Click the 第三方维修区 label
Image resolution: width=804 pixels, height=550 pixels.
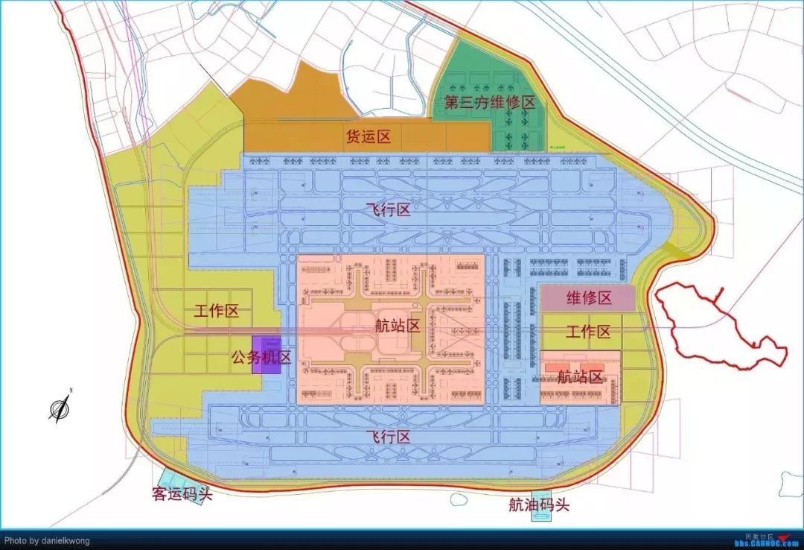click(x=490, y=103)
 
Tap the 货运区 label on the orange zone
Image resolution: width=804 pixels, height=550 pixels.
click(x=368, y=137)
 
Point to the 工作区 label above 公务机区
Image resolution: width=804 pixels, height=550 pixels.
click(x=217, y=312)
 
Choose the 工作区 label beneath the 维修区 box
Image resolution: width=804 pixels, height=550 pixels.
click(x=588, y=332)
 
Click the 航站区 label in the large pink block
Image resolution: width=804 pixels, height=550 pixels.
click(x=398, y=326)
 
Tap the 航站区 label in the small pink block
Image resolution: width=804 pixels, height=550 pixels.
click(x=580, y=377)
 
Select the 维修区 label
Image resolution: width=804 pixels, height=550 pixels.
click(x=589, y=299)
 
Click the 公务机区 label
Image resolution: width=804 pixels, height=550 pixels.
click(x=260, y=358)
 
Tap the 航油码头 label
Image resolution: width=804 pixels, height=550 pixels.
click(x=539, y=505)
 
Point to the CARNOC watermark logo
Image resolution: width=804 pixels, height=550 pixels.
click(x=767, y=539)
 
